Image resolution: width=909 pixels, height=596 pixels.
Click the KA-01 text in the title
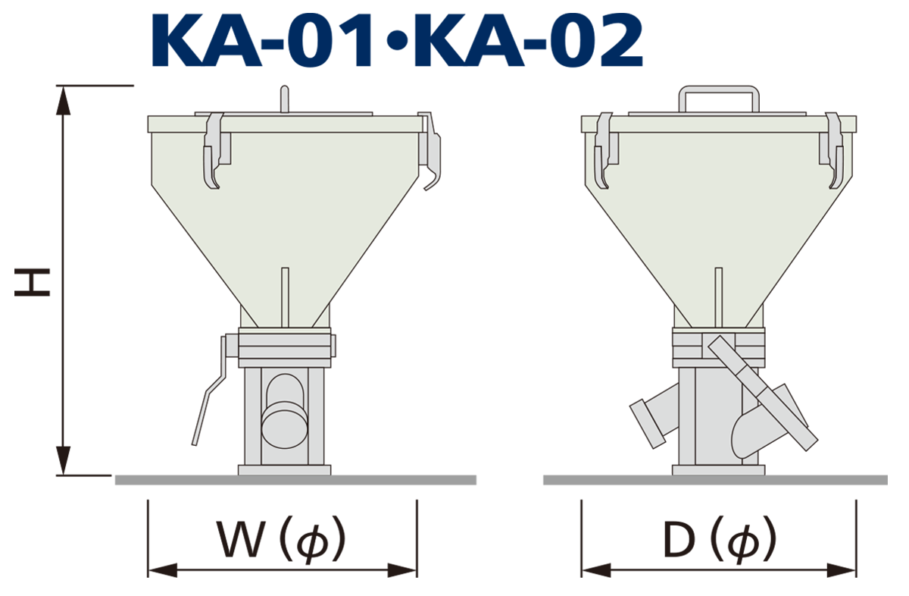point(262,40)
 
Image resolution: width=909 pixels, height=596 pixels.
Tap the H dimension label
point(32,282)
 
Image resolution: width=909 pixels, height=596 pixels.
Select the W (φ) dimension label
point(281,540)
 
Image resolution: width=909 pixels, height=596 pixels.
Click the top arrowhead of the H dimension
point(63,100)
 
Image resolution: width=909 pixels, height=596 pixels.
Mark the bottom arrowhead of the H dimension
point(63,460)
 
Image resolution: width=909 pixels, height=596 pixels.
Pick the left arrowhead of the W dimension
point(163,570)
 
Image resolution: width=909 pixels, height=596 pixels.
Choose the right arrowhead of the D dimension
point(842,570)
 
